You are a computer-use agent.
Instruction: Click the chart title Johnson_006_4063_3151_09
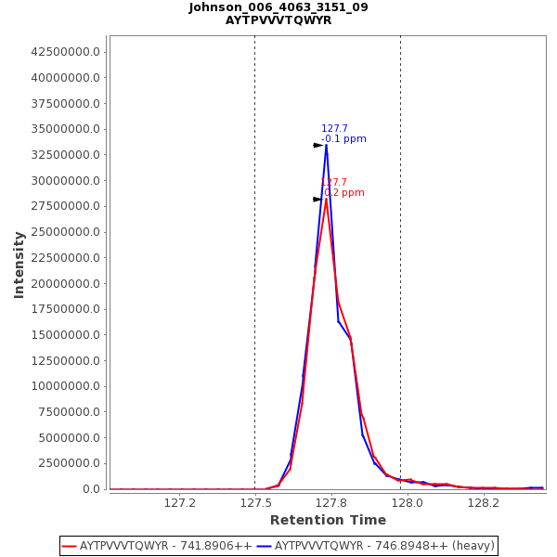[278, 7]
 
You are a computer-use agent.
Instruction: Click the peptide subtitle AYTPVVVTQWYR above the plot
[278, 20]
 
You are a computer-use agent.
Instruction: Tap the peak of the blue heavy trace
[326, 145]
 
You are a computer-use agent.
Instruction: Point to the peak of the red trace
[326, 199]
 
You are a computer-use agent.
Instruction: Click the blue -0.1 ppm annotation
[343, 139]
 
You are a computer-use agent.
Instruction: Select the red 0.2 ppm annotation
[343, 193]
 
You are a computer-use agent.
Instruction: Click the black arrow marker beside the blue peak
[317, 145]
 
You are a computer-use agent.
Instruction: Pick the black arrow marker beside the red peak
[317, 199]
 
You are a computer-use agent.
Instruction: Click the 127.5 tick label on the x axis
[255, 503]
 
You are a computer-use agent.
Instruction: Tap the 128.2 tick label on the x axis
[484, 503]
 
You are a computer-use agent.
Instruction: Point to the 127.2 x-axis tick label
[179, 503]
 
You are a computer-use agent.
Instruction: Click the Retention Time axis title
[328, 520]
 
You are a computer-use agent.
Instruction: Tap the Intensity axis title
[19, 265]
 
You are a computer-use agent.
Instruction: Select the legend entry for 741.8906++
[157, 546]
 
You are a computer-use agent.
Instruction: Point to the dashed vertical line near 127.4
[254, 278]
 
